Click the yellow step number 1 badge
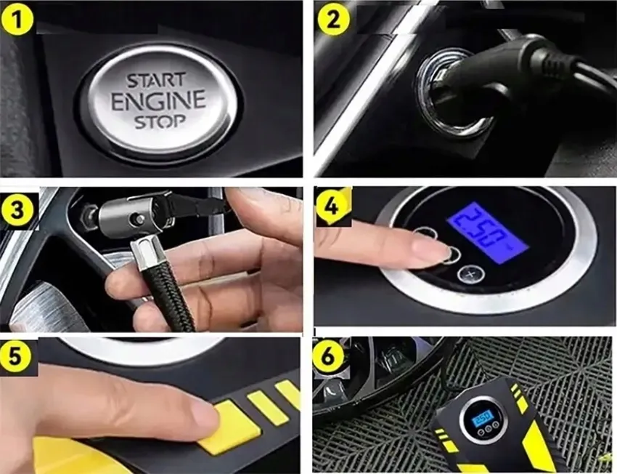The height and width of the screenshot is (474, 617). (17, 18)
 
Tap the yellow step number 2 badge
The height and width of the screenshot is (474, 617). (333, 18)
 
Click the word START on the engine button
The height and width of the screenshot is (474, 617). (156, 81)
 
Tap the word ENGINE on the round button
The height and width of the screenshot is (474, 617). (158, 100)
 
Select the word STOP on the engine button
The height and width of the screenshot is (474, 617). (160, 121)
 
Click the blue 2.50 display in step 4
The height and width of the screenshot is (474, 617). (486, 233)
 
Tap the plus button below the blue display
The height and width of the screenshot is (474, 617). (470, 274)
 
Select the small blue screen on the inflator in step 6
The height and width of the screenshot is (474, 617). (483, 417)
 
